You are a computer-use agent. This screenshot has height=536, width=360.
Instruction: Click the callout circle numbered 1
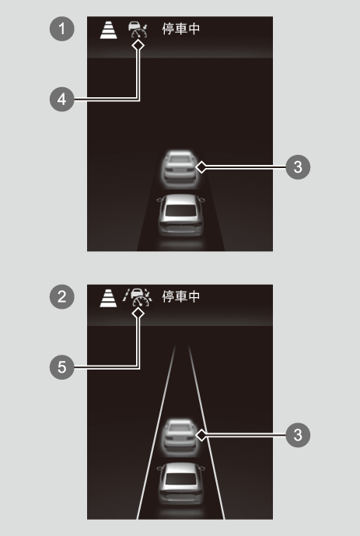coord(62,29)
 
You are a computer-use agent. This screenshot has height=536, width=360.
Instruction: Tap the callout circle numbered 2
coord(62,296)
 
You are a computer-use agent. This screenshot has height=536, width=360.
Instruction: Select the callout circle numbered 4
coord(62,100)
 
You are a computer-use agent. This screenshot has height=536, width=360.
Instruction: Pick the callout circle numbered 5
coord(62,367)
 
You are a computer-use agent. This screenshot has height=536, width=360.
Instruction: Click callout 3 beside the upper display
coord(298,167)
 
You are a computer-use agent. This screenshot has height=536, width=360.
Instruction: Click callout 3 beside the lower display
coord(298,435)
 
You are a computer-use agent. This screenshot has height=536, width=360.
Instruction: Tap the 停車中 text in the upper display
coord(181,29)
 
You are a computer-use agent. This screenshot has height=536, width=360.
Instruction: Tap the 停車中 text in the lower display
coord(181,296)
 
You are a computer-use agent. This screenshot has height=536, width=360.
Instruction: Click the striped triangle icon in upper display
coord(109,30)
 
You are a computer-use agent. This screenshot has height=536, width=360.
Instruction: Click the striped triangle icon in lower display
coord(109,298)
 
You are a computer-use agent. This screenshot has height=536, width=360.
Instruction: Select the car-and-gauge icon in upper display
coord(138,30)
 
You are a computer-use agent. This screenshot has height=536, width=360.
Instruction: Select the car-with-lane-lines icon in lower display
coord(138,297)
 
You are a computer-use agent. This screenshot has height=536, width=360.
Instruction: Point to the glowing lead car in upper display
coord(180,169)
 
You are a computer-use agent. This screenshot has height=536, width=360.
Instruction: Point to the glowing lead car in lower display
coord(180,437)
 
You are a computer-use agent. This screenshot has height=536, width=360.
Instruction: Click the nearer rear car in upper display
coord(180,215)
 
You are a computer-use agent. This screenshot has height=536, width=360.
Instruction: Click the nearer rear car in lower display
coord(180,484)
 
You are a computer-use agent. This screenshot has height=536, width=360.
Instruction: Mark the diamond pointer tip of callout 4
coord(138,45)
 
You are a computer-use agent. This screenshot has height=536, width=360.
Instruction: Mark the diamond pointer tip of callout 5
coord(138,314)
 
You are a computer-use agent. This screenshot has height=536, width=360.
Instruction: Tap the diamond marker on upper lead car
coord(201,167)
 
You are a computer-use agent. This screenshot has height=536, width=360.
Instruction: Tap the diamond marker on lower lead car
coord(201,435)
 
